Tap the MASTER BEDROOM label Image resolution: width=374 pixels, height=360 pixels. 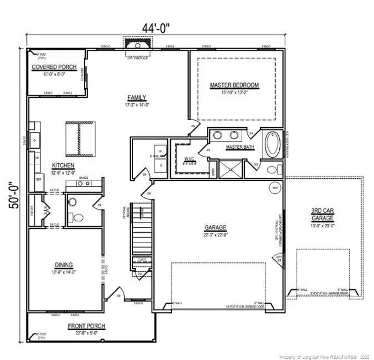click(x=234, y=85)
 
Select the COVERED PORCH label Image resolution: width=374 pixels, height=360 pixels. click(x=55, y=67)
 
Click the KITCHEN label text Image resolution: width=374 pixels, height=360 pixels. click(x=62, y=165)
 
